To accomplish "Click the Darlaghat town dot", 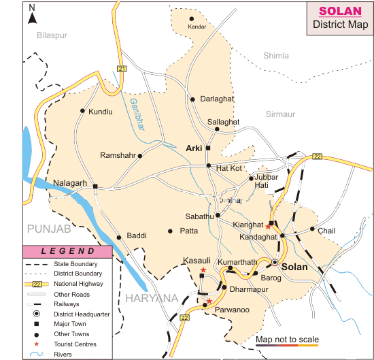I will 194,99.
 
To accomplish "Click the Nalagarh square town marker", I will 96,186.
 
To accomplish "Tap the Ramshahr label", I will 118,156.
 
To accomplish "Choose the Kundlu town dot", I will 82,111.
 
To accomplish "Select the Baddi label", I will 136,236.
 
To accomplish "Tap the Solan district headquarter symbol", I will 275,262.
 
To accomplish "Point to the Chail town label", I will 326,231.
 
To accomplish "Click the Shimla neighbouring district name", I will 275,56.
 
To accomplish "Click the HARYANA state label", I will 151,297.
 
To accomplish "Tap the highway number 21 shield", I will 122,69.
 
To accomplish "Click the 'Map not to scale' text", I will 287,339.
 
